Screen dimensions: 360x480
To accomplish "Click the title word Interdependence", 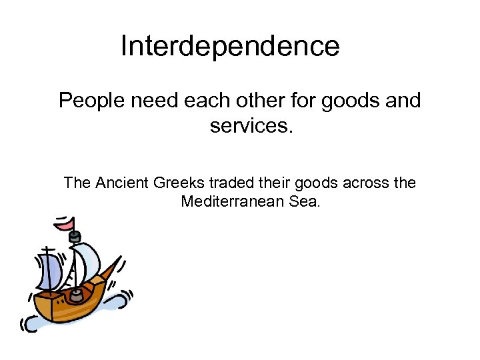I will [230, 47].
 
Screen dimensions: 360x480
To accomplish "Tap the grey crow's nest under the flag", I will [75, 237].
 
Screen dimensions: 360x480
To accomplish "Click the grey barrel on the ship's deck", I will [77, 293].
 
